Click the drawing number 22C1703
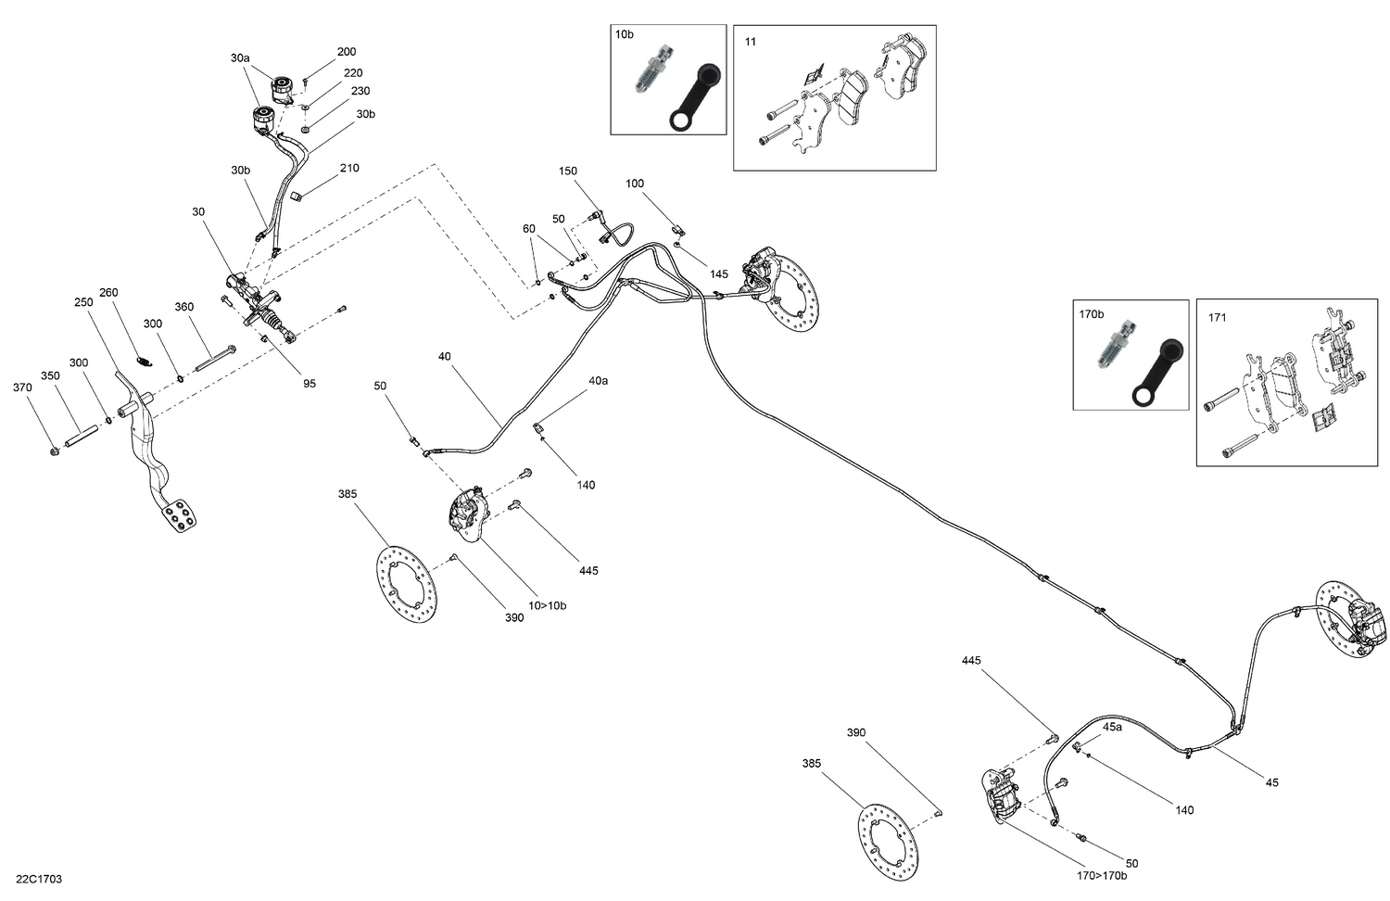tap(39, 879)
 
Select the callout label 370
tap(22, 387)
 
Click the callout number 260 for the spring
tap(108, 293)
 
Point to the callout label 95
tap(310, 384)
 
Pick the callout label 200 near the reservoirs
tap(346, 52)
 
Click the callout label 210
tap(349, 169)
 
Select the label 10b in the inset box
tap(625, 34)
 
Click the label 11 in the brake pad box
tap(750, 42)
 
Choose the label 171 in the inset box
tap(1217, 318)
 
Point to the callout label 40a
tap(598, 381)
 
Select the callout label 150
tap(567, 171)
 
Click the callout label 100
tap(634, 184)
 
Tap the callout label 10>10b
tap(547, 606)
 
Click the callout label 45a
tap(1112, 728)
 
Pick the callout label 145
tap(719, 274)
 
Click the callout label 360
tap(183, 308)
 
